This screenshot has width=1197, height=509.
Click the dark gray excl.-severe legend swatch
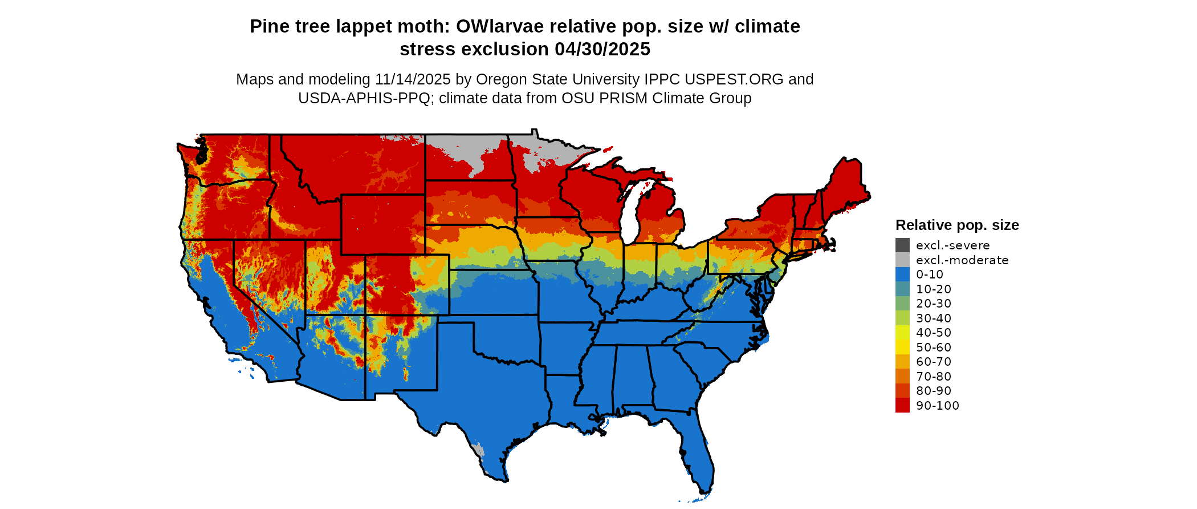(902, 245)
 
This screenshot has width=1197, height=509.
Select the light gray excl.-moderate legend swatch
(902, 260)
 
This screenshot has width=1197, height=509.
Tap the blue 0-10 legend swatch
(902, 274)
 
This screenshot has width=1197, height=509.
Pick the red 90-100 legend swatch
(902, 405)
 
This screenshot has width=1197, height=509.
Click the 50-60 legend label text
(934, 347)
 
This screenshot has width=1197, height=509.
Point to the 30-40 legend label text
(934, 318)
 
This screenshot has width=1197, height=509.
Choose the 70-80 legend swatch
(902, 376)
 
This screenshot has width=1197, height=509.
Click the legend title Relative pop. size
(957, 225)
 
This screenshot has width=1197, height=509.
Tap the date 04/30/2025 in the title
(602, 49)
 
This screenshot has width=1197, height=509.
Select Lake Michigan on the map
(628, 214)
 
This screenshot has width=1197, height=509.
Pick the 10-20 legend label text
(934, 289)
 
